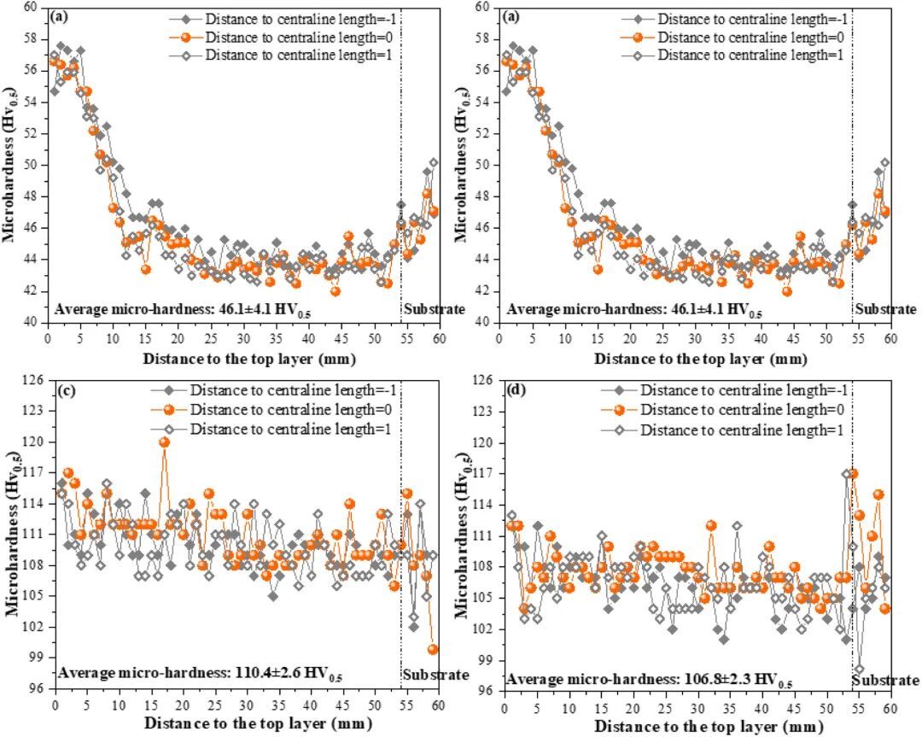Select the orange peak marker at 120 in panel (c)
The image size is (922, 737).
[x=164, y=442]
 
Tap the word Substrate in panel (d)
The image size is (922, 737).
[x=885, y=681]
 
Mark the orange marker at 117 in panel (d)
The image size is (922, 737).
[x=852, y=473]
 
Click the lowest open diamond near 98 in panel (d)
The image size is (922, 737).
[x=859, y=669]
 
